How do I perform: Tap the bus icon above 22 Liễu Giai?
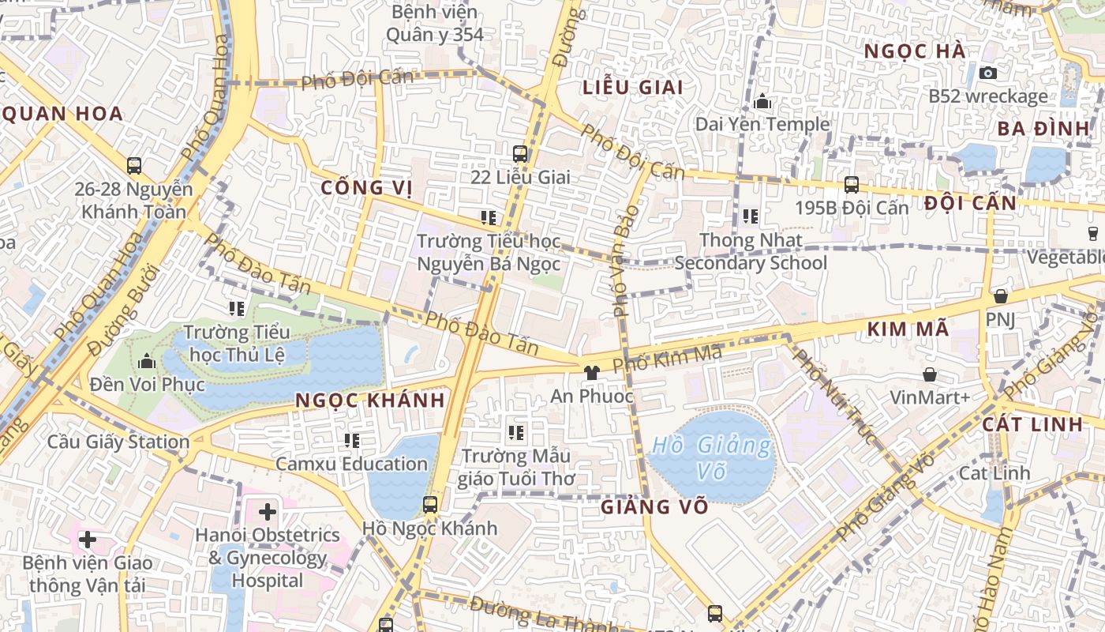coord(519,153)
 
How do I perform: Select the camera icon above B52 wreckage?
coord(987,73)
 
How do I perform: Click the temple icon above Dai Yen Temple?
coord(762,101)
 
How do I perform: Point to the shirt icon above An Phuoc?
coord(590,371)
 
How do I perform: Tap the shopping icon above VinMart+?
coord(930,374)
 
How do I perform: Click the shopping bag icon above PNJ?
coord(1000,296)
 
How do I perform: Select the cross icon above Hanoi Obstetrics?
coord(268,512)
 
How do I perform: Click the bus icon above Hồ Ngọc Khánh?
coord(430,504)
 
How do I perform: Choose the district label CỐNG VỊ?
coord(367,188)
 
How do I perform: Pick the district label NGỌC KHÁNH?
coord(370,401)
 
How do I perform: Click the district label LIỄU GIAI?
coord(633,87)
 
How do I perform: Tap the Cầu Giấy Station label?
coord(118,442)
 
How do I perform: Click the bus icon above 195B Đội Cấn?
coord(851,185)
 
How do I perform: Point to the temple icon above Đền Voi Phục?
coord(146,362)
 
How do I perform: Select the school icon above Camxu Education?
coord(352,440)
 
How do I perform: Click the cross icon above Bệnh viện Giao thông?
coord(88,540)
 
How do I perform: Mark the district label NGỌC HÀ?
coord(914,51)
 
